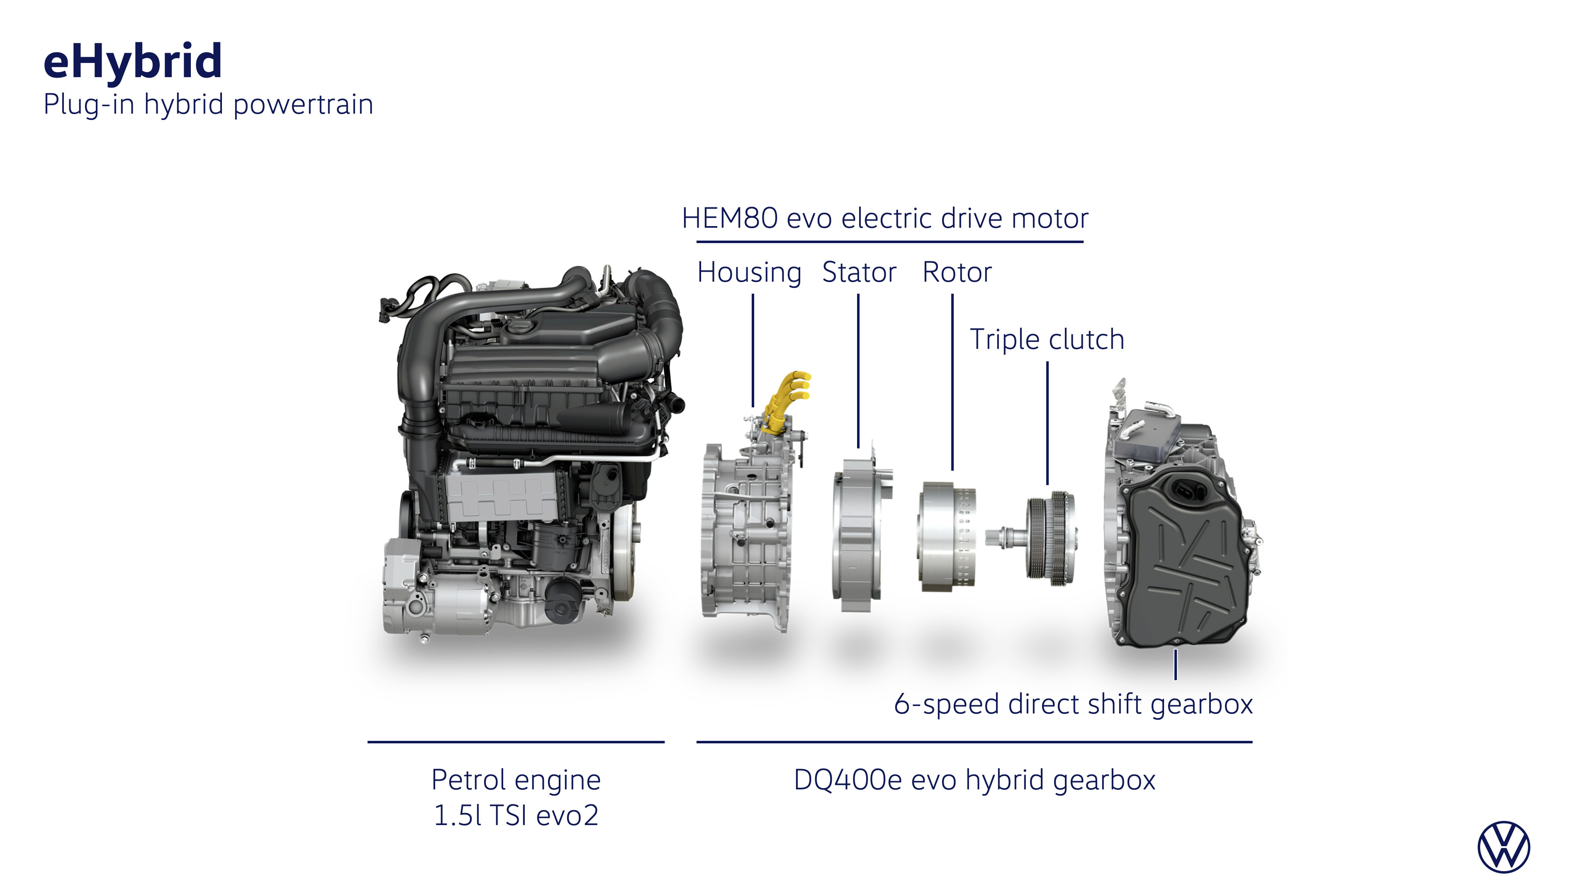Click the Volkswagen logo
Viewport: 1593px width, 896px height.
click(x=1503, y=847)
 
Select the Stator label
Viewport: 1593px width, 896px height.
click(x=859, y=272)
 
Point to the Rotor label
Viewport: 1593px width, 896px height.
click(x=957, y=272)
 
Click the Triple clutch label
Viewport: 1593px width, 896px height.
click(x=1046, y=339)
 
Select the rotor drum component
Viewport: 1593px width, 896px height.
click(x=946, y=536)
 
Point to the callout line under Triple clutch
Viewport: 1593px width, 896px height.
click(x=1047, y=423)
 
